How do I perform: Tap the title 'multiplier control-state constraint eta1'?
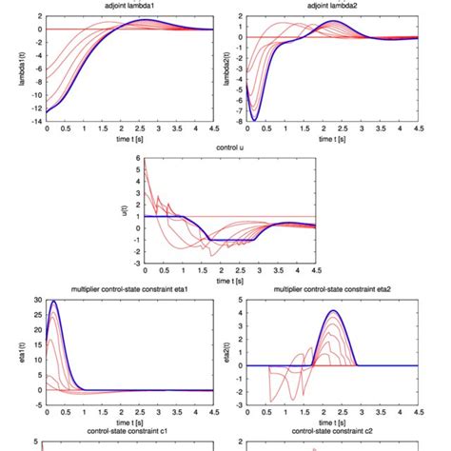click(131, 288)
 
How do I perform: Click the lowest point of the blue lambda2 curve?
click(255, 120)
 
